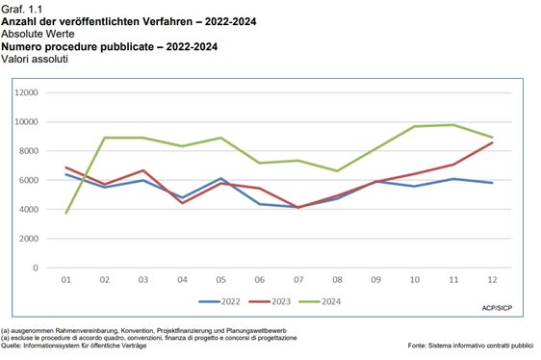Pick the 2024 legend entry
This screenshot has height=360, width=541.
(325, 301)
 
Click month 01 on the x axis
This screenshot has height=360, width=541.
(65, 280)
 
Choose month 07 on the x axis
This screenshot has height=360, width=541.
(299, 280)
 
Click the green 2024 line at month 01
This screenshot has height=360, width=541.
(65, 213)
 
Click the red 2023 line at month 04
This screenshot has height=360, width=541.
(183, 203)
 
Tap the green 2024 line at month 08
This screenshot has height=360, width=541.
(338, 170)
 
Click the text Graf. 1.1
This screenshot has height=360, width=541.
(21, 7)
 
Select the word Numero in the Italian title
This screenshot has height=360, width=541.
(24, 45)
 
